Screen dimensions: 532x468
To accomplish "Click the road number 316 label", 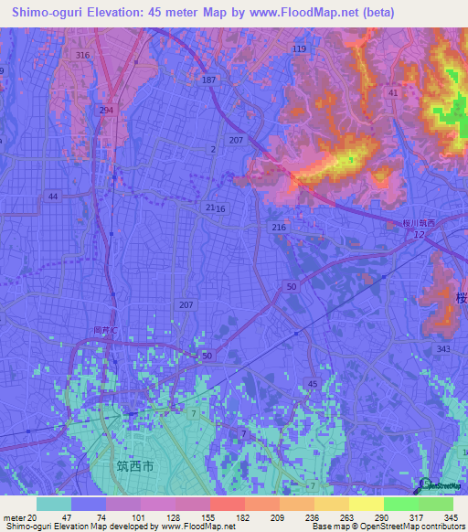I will tap(83, 56).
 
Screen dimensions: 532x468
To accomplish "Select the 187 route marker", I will tap(209, 80).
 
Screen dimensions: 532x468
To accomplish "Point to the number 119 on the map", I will tap(299, 48).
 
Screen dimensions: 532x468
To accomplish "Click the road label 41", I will tap(393, 93).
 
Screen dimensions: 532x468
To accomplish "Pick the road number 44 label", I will tap(53, 197).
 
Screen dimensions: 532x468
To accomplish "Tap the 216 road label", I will tap(280, 227).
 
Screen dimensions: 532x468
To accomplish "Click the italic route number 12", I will tap(419, 237).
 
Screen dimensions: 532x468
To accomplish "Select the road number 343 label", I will tap(444, 350).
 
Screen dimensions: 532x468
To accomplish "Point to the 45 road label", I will tap(313, 384).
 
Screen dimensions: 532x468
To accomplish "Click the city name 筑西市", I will tap(134, 466).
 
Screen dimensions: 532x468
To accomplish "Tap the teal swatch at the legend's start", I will tap(54, 504).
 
